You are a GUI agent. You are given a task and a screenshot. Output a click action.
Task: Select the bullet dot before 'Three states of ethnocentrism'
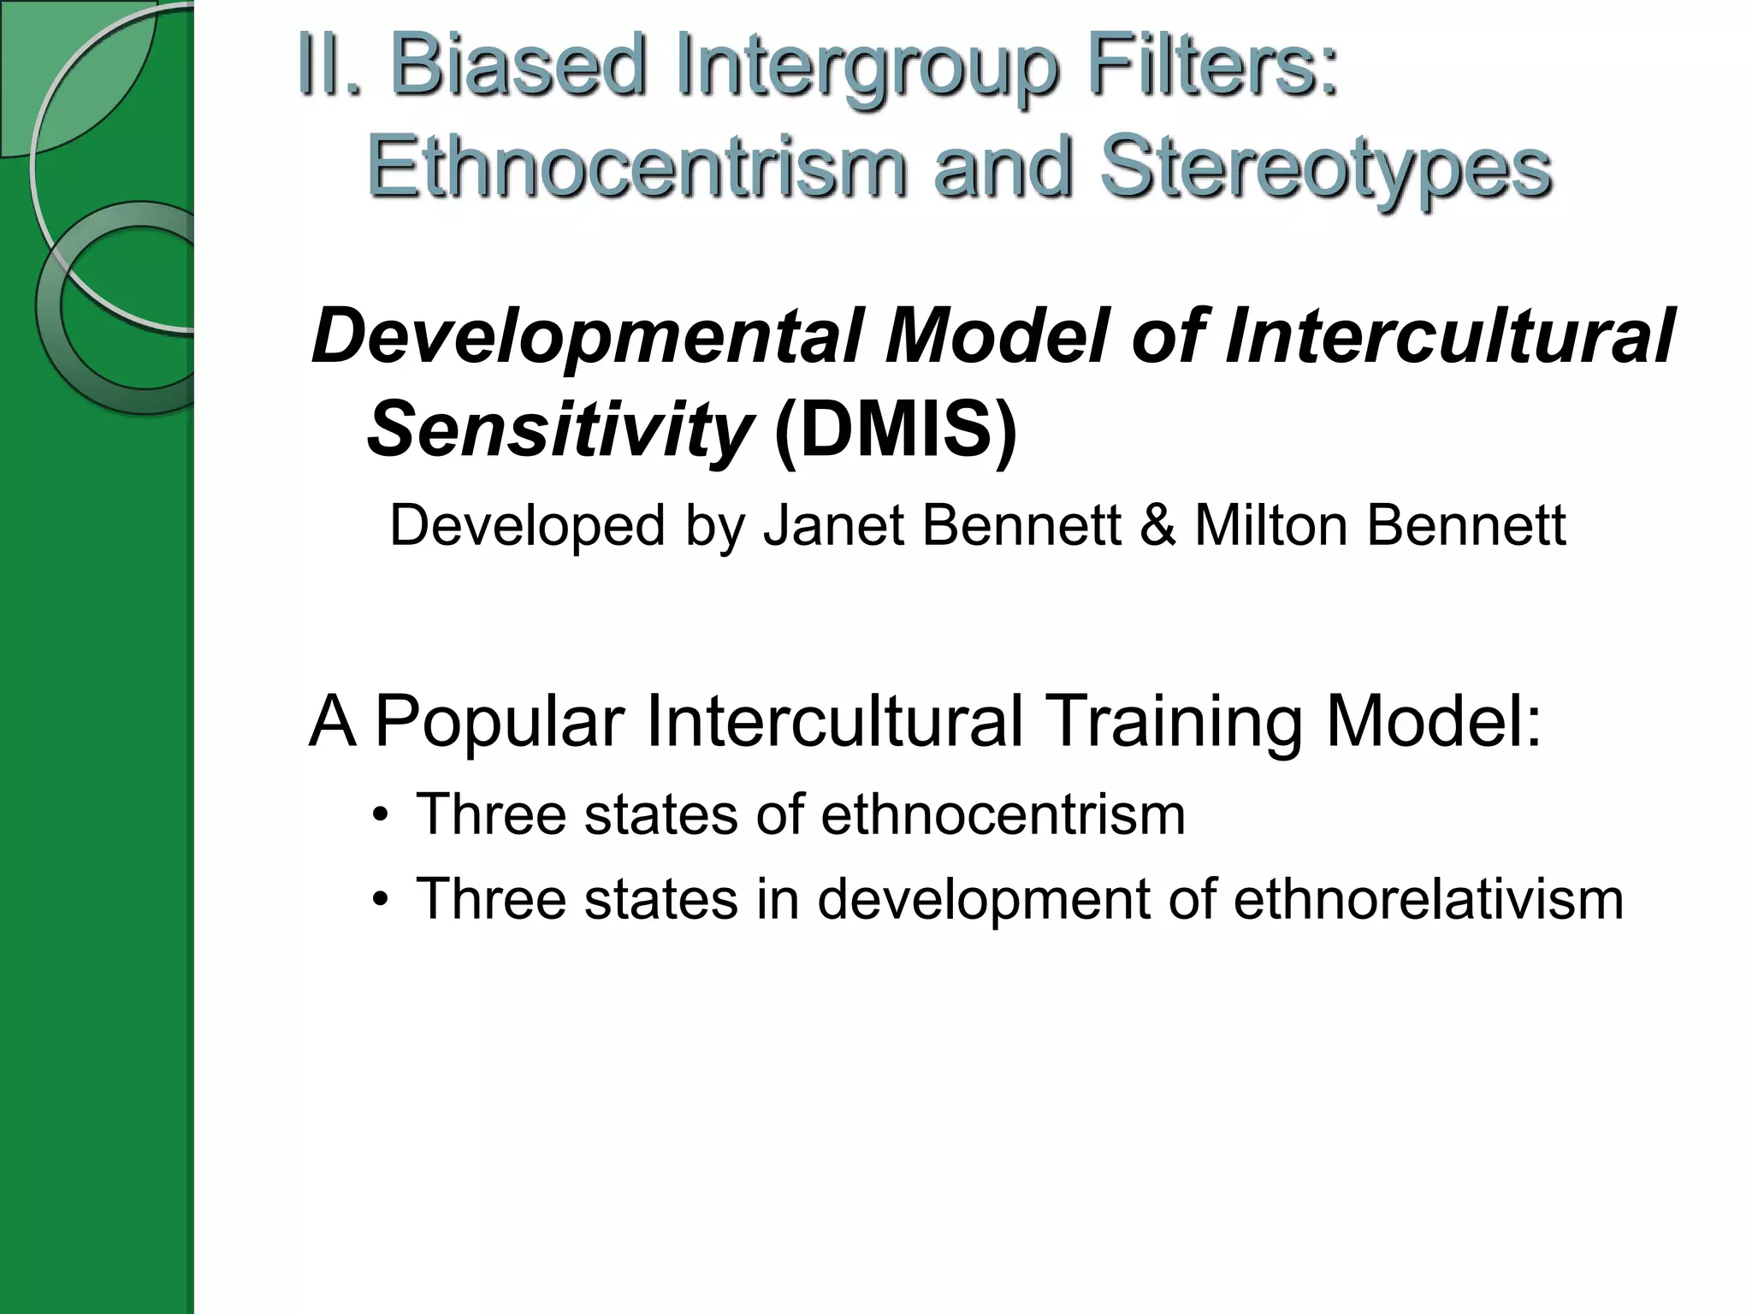pyautogui.click(x=381, y=815)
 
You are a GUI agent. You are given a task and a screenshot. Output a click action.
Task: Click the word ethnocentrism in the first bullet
pyautogui.click(x=1003, y=814)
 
